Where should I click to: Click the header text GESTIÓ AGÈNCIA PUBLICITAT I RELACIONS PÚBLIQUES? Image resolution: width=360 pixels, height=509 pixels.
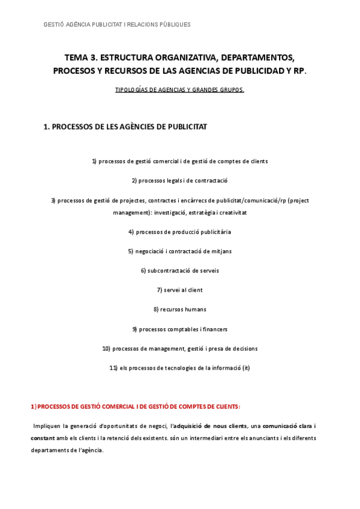coord(118,25)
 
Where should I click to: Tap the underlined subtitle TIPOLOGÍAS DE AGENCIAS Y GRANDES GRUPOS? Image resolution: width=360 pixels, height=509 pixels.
coord(179,90)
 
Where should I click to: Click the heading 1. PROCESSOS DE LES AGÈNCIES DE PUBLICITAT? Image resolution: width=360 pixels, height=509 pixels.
coord(125,127)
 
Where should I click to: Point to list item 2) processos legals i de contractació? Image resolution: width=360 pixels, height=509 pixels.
coord(179,181)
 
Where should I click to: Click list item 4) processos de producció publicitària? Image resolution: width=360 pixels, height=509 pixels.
coord(179,232)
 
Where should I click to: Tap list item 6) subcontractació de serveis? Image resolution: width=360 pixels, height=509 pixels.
coord(179,271)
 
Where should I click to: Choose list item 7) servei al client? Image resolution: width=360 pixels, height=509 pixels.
coord(179,290)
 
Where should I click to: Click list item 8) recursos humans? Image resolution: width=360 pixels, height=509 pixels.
coord(179,310)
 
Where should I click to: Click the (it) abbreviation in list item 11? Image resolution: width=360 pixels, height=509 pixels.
coord(246,368)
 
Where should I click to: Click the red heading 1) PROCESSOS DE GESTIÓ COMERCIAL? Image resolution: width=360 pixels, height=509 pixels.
coord(135,406)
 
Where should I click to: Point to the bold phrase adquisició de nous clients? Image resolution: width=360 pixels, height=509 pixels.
coord(208,426)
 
